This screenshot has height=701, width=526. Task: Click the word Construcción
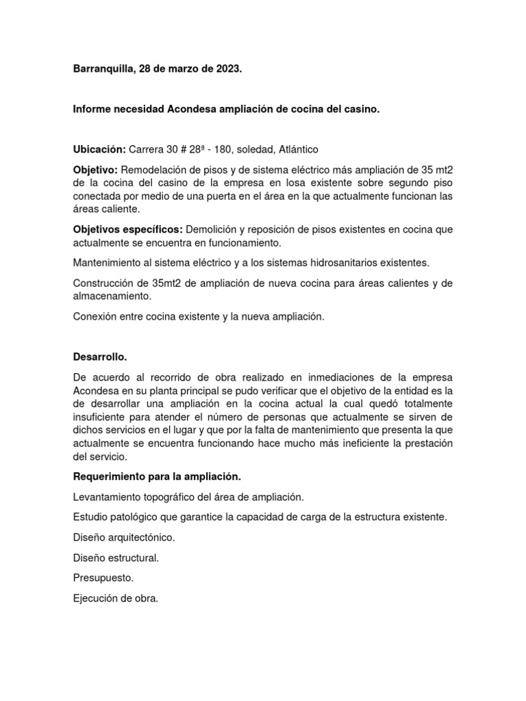[103, 283]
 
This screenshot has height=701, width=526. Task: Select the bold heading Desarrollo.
[100, 357]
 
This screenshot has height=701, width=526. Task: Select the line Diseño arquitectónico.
[124, 538]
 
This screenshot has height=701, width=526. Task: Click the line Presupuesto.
[103, 578]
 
